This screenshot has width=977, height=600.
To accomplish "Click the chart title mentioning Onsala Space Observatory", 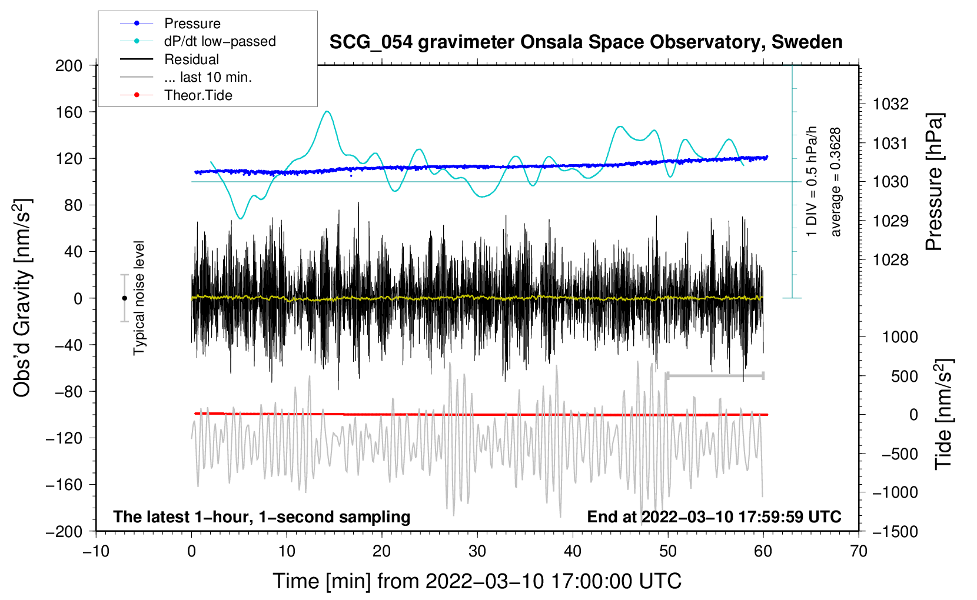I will [x=586, y=42].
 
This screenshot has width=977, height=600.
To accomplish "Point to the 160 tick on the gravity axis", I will [x=69, y=112].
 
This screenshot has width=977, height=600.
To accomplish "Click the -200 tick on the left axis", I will [x=65, y=531].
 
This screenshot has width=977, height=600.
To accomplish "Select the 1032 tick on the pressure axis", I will [x=890, y=104].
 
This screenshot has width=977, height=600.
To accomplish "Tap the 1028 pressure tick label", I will [x=890, y=260].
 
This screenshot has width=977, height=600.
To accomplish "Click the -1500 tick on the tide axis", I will [x=895, y=531].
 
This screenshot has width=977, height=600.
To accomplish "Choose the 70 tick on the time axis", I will [x=859, y=551].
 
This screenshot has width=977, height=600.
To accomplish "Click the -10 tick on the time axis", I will [x=96, y=551].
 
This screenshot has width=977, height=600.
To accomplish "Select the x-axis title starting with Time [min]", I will [x=477, y=581].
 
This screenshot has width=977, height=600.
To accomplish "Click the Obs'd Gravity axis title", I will [x=22, y=298].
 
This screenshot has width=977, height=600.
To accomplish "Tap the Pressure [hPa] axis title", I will [x=935, y=182].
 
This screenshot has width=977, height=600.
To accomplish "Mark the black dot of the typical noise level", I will [x=124, y=298].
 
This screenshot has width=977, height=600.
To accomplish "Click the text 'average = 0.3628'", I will [x=836, y=182].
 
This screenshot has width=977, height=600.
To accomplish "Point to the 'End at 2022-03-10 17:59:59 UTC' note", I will [x=714, y=517].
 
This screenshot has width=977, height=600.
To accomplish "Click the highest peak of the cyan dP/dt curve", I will [x=327, y=111].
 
